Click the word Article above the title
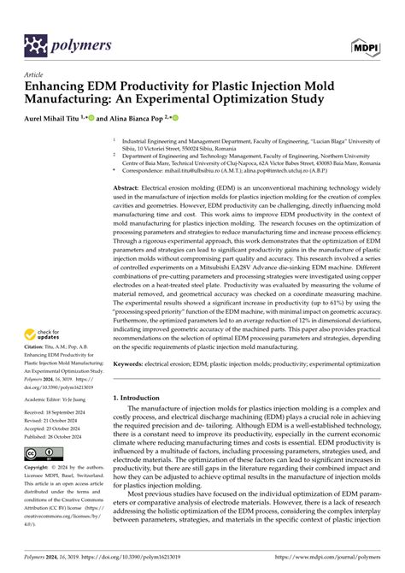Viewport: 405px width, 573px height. pos(34,75)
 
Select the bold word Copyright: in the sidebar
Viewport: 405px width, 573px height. pos(39,468)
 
